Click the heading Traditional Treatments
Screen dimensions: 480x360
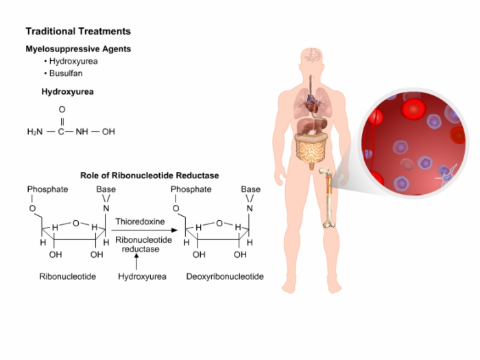(78, 32)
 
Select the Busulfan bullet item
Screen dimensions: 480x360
(66, 73)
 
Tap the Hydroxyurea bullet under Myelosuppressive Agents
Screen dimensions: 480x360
(73, 61)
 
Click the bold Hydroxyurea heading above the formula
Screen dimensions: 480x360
(68, 92)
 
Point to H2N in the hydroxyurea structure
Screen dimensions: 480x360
(35, 132)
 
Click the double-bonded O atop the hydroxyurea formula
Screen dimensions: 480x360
(62, 109)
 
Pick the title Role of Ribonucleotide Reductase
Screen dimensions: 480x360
(149, 176)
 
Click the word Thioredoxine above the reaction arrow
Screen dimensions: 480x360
(140, 221)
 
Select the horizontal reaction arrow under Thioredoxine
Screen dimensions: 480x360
(144, 230)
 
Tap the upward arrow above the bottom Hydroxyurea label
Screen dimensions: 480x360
(136, 262)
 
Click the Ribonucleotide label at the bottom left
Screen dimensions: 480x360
(68, 276)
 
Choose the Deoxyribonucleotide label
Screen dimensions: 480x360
(225, 276)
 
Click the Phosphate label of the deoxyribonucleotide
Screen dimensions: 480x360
(191, 189)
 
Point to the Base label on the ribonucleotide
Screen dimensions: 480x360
(106, 189)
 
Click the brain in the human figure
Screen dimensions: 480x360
(312, 55)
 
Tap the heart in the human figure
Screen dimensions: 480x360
(313, 104)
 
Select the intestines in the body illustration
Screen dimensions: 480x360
(311, 149)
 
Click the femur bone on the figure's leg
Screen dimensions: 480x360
(328, 197)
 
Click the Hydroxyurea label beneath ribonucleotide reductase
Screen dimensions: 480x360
(143, 276)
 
